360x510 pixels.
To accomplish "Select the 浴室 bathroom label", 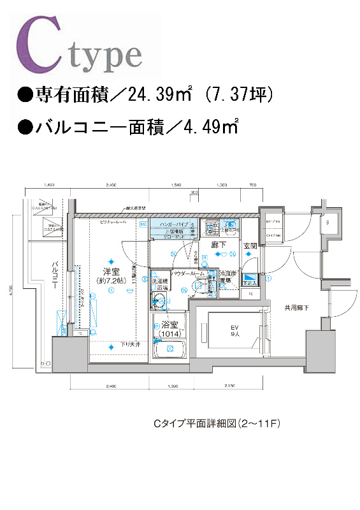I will point(168,324).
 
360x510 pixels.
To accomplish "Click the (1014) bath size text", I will point(168,333).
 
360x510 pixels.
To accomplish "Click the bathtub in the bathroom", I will point(168,350).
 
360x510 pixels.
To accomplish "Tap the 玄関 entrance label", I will point(250,245).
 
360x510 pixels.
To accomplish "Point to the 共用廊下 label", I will point(297,308).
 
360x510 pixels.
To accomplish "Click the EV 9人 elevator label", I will point(234,331).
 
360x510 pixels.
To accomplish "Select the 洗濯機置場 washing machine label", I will point(159,284).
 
